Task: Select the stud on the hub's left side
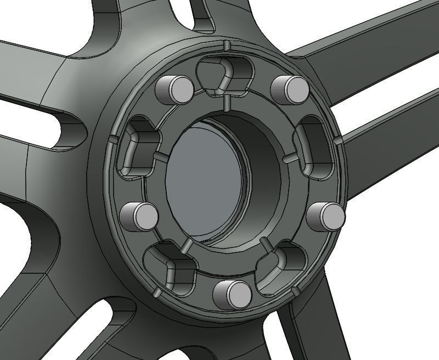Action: [x=138, y=215]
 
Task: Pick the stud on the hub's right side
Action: [x=326, y=216]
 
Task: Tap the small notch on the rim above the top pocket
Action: [x=225, y=44]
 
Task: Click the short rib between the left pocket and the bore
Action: [x=159, y=157]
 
